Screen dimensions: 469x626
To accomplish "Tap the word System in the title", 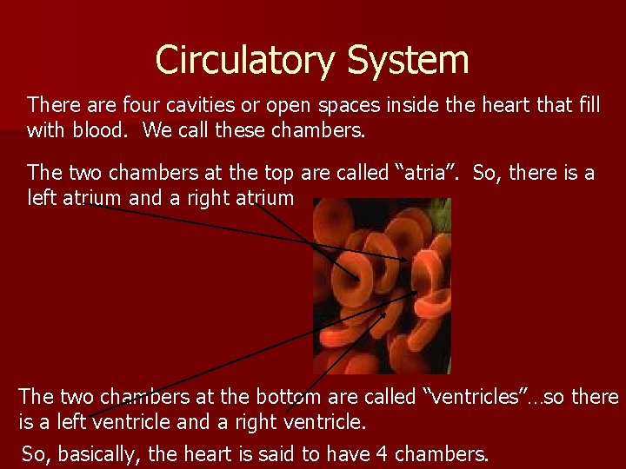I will (x=408, y=61).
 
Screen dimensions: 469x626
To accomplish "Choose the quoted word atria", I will (x=427, y=173).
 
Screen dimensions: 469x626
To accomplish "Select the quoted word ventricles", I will (x=483, y=398).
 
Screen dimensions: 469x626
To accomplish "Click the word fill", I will (x=588, y=106).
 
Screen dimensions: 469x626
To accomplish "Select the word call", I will (x=184, y=131).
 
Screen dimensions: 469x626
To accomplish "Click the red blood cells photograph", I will (x=382, y=286).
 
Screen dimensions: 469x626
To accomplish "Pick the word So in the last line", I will (x=36, y=453).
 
